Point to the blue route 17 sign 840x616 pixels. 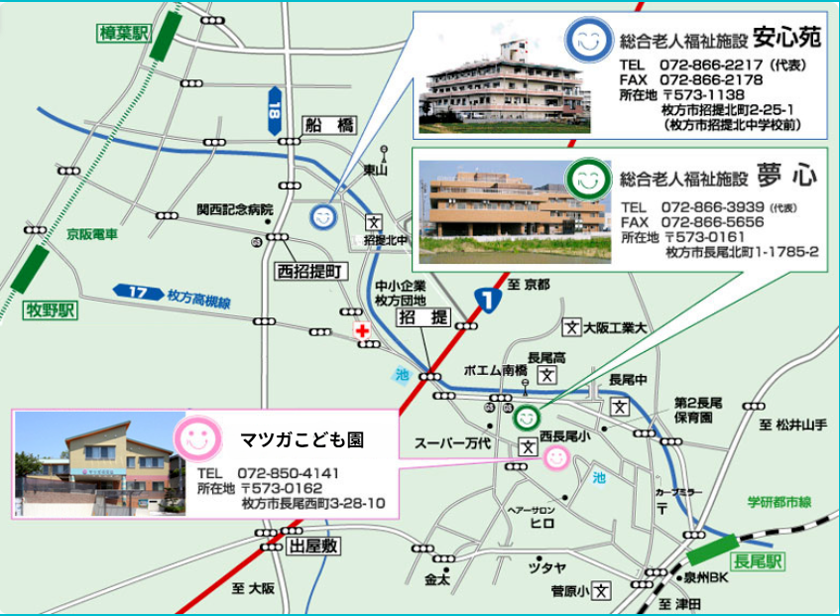coord(137,292)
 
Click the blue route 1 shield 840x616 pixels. coord(485,297)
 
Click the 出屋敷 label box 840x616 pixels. coord(313,546)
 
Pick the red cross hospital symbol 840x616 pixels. coord(362,330)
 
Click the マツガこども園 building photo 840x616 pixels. coord(100,464)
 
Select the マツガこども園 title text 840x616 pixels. coord(302,438)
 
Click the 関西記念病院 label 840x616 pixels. coord(234,209)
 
